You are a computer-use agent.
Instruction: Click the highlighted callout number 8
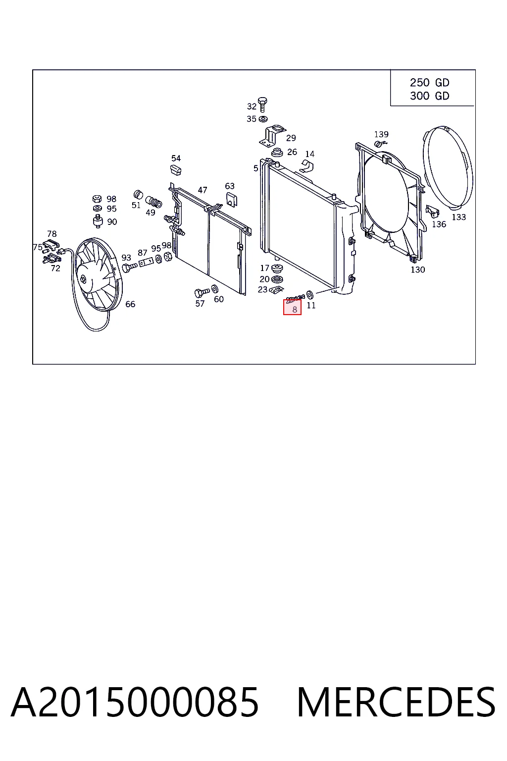[x=295, y=310]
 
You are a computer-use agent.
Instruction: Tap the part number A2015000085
[x=135, y=702]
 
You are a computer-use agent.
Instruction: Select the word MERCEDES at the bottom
[x=396, y=702]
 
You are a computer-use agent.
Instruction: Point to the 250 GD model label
[x=430, y=83]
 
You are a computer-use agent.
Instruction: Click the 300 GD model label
[x=430, y=96]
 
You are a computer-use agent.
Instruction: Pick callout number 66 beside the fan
[x=130, y=304]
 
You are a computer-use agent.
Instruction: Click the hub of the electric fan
[x=83, y=279]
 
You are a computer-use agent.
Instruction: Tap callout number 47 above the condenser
[x=203, y=190]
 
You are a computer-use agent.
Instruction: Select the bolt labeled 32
[x=262, y=105]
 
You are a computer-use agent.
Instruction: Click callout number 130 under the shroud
[x=418, y=270]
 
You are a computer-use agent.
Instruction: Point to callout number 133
[x=459, y=217]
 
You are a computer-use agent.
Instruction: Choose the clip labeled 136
[x=432, y=212]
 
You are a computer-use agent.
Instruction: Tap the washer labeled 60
[x=214, y=289]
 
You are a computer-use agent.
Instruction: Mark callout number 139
[x=381, y=135]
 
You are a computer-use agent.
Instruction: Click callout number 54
[x=176, y=159]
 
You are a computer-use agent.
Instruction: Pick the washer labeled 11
[x=310, y=294]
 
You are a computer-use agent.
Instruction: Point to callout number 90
[x=112, y=222]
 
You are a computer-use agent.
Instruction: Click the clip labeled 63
[x=232, y=199]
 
